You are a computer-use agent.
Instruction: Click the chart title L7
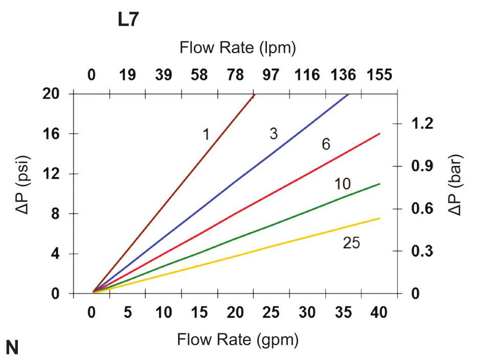(128, 20)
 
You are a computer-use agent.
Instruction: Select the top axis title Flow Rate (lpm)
(238, 48)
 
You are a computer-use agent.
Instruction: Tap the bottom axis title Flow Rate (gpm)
(238, 340)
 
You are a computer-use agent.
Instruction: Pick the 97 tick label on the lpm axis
(271, 75)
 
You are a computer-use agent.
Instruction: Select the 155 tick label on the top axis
(379, 75)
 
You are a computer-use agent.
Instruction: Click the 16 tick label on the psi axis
(53, 134)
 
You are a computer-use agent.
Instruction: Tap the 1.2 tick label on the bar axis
(422, 124)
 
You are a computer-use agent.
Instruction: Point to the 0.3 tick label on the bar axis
(422, 252)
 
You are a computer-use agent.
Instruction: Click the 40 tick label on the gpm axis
(379, 312)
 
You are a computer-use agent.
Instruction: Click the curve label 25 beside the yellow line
(351, 243)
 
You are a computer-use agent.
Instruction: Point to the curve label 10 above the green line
(342, 184)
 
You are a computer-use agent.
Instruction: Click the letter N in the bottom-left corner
(11, 348)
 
